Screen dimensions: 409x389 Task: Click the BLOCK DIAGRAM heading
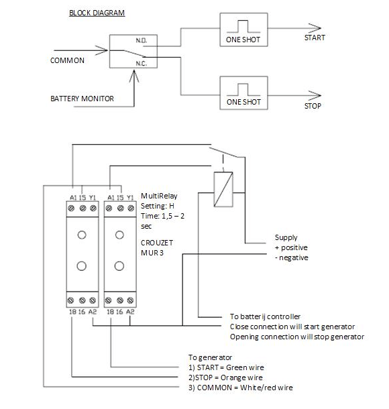97,13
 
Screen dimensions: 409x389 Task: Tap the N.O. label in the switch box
142,42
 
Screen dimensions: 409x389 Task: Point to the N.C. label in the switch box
142,64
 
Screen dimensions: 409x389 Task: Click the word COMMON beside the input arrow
68,60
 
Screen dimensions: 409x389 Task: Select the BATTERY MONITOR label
82,99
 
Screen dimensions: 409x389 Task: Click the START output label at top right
315,38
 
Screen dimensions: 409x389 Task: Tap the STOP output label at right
313,106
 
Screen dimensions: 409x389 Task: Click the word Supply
287,238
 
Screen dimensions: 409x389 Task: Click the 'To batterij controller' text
264,316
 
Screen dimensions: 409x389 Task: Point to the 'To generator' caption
209,357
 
